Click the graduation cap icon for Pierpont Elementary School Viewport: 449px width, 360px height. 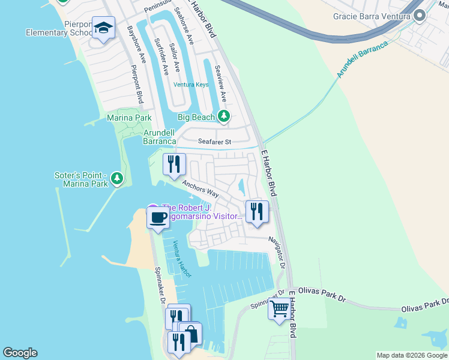pyautogui.click(x=103, y=28)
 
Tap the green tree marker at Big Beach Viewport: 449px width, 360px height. pyautogui.click(x=223, y=116)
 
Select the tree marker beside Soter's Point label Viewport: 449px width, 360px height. pyautogui.click(x=117, y=178)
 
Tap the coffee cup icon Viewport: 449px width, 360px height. pyautogui.click(x=158, y=217)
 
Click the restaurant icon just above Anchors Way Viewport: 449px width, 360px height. pyautogui.click(x=174, y=164)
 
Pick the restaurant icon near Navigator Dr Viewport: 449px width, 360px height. pyautogui.click(x=257, y=211)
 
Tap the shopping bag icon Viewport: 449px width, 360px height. pyautogui.click(x=191, y=332)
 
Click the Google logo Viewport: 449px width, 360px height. pyautogui.click(x=19, y=353)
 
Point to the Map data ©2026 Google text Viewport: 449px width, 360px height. pyautogui.click(x=412, y=355)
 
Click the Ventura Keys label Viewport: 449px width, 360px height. pyautogui.click(x=191, y=85)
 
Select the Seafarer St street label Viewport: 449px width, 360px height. pyautogui.click(x=215, y=142)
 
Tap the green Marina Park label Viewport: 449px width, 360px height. pyautogui.click(x=129, y=118)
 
